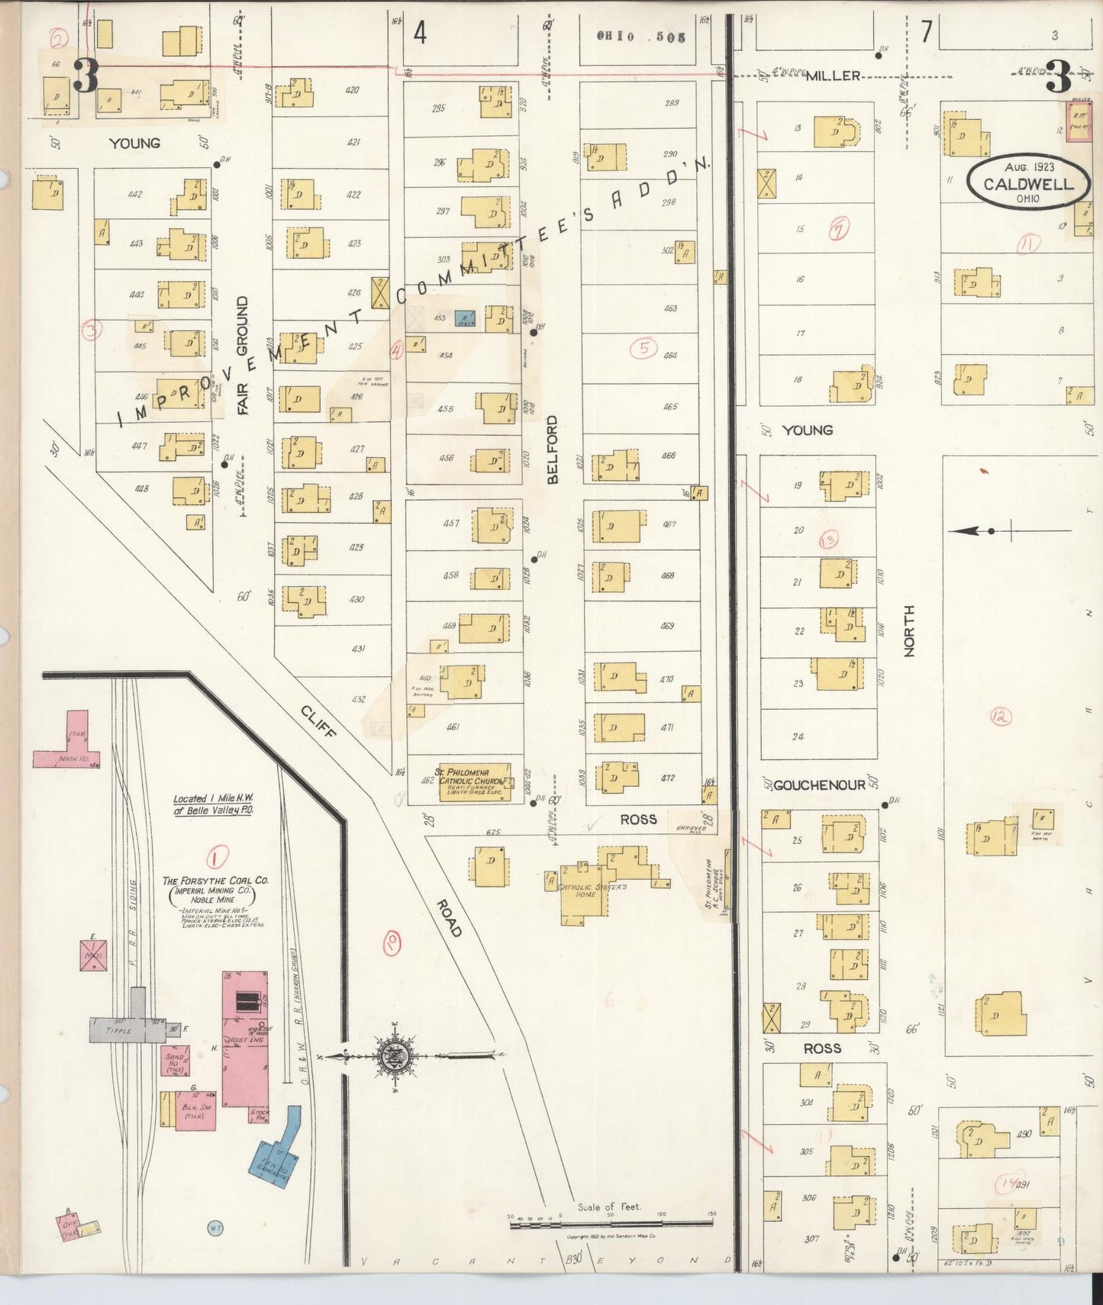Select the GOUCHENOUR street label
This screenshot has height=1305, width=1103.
tap(819, 785)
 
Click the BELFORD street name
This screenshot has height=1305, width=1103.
tap(552, 449)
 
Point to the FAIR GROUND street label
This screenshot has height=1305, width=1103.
tap(243, 356)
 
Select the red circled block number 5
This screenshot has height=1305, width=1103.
tap(644, 348)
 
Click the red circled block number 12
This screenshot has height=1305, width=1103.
tap(1000, 716)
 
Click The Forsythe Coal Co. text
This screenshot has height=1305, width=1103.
tap(215, 880)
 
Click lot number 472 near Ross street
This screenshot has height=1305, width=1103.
tap(667, 778)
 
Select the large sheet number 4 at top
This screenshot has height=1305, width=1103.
tap(420, 33)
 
